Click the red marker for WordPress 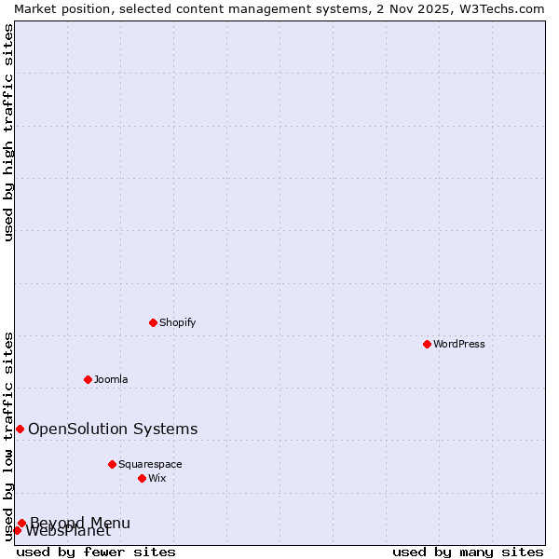point(427,344)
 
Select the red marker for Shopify point(153,322)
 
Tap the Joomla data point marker point(88,379)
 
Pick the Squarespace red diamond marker point(112,464)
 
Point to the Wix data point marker point(142,478)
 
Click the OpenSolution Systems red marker point(20,429)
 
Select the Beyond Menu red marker point(21,523)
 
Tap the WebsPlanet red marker point(17,531)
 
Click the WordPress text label point(459,344)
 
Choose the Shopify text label point(177,322)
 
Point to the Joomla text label point(111,379)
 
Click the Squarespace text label point(150,464)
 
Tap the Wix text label point(157,478)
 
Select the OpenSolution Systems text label point(113,429)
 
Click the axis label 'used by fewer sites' point(96,552)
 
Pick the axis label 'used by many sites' point(468,552)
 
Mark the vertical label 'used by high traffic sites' point(8,132)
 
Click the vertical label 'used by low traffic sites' point(8,435)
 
